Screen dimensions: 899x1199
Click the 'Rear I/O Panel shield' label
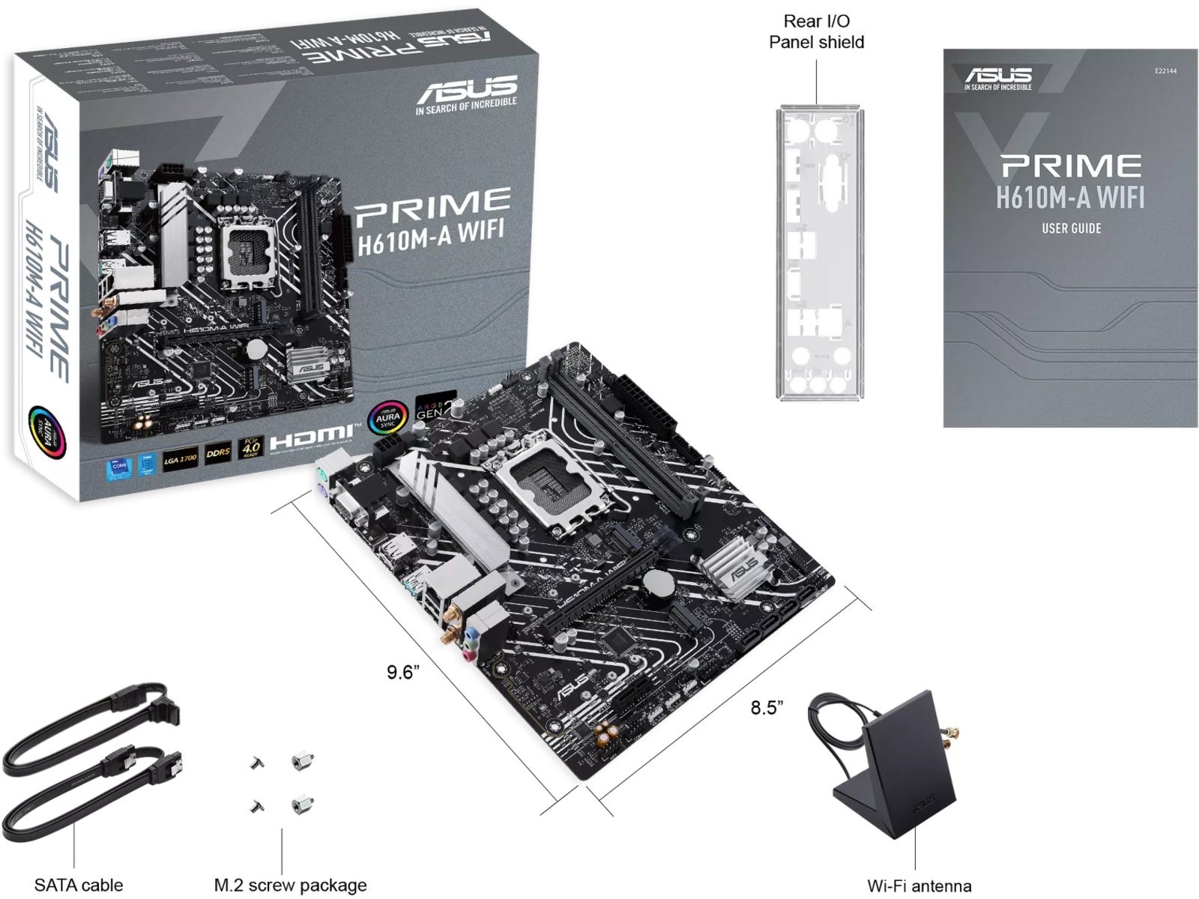[816, 31]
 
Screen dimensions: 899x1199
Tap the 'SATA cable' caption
[79, 886]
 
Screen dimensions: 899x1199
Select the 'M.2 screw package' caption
[290, 886]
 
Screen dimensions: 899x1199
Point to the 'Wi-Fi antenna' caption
[919, 886]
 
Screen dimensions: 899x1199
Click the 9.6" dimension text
[402, 672]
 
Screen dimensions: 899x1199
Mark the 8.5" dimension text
[767, 707]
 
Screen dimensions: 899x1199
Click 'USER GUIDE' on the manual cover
[1071, 228]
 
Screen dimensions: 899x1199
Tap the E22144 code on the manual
[1165, 71]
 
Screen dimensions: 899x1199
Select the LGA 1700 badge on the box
[181, 458]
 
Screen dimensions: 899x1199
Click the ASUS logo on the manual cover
[997, 77]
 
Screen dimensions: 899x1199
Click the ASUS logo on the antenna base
[922, 805]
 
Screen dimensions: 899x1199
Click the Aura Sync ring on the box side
[46, 432]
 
